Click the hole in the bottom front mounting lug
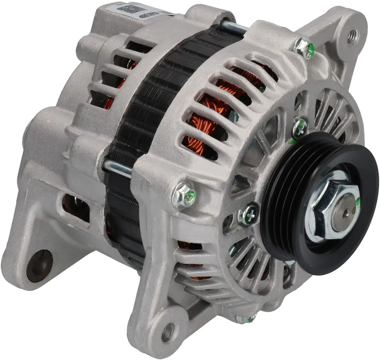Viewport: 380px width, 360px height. pos(168,331)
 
